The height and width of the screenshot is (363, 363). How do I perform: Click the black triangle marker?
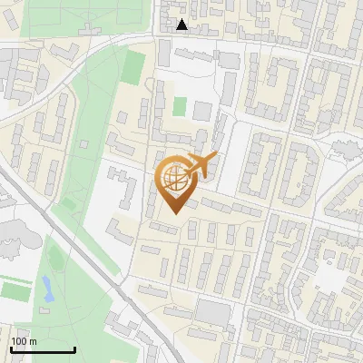click(x=182, y=25)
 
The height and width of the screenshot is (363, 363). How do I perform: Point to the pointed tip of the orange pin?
click(x=174, y=214)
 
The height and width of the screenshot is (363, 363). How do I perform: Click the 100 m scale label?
click(x=24, y=341)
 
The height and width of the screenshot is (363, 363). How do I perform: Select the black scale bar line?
click(x=43, y=350)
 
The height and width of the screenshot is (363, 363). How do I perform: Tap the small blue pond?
click(x=45, y=289)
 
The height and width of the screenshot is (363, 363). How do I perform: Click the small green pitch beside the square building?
click(x=180, y=107)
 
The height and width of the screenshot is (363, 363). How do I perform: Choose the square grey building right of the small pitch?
click(x=202, y=112)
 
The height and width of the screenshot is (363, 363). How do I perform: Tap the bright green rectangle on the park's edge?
click(x=134, y=66)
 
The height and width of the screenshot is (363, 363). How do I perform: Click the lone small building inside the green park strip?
click(x=83, y=142)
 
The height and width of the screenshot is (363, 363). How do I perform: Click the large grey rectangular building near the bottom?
click(x=214, y=313)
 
